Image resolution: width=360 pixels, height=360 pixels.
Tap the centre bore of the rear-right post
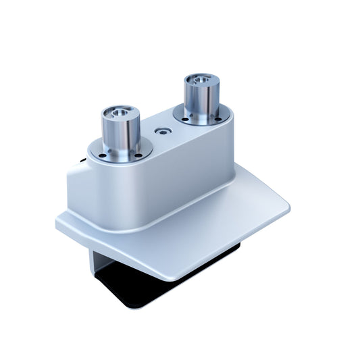[x=201, y=80]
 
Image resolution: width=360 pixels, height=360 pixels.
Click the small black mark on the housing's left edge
[x=82, y=161]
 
